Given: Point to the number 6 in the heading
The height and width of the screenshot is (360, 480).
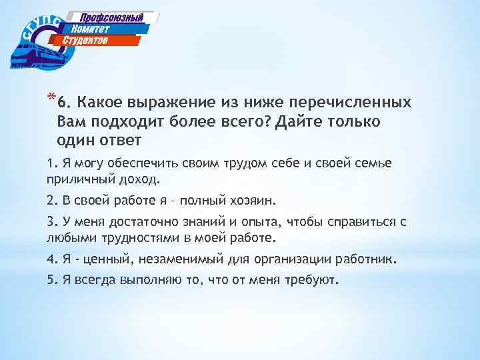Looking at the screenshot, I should coord(61,104).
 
